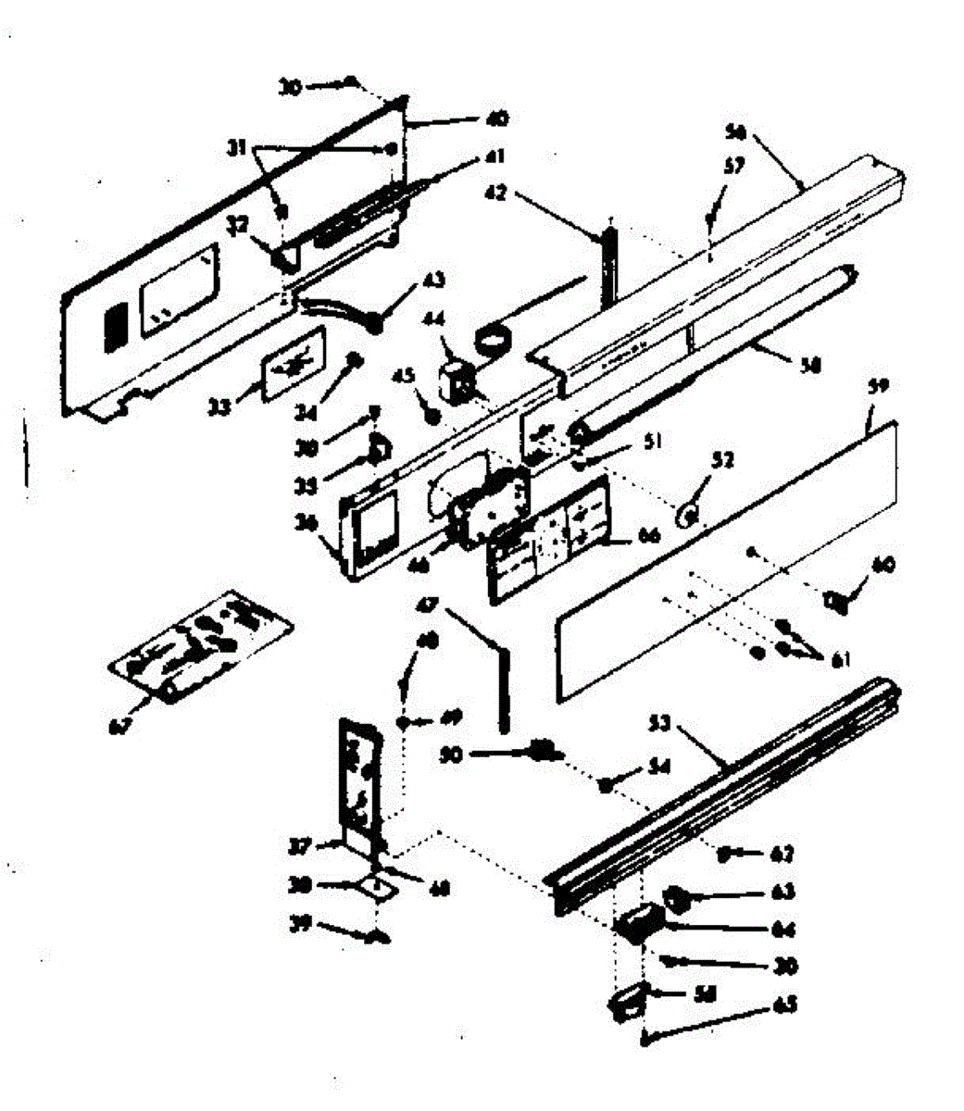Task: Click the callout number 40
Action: (x=498, y=119)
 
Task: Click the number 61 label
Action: (x=841, y=660)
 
